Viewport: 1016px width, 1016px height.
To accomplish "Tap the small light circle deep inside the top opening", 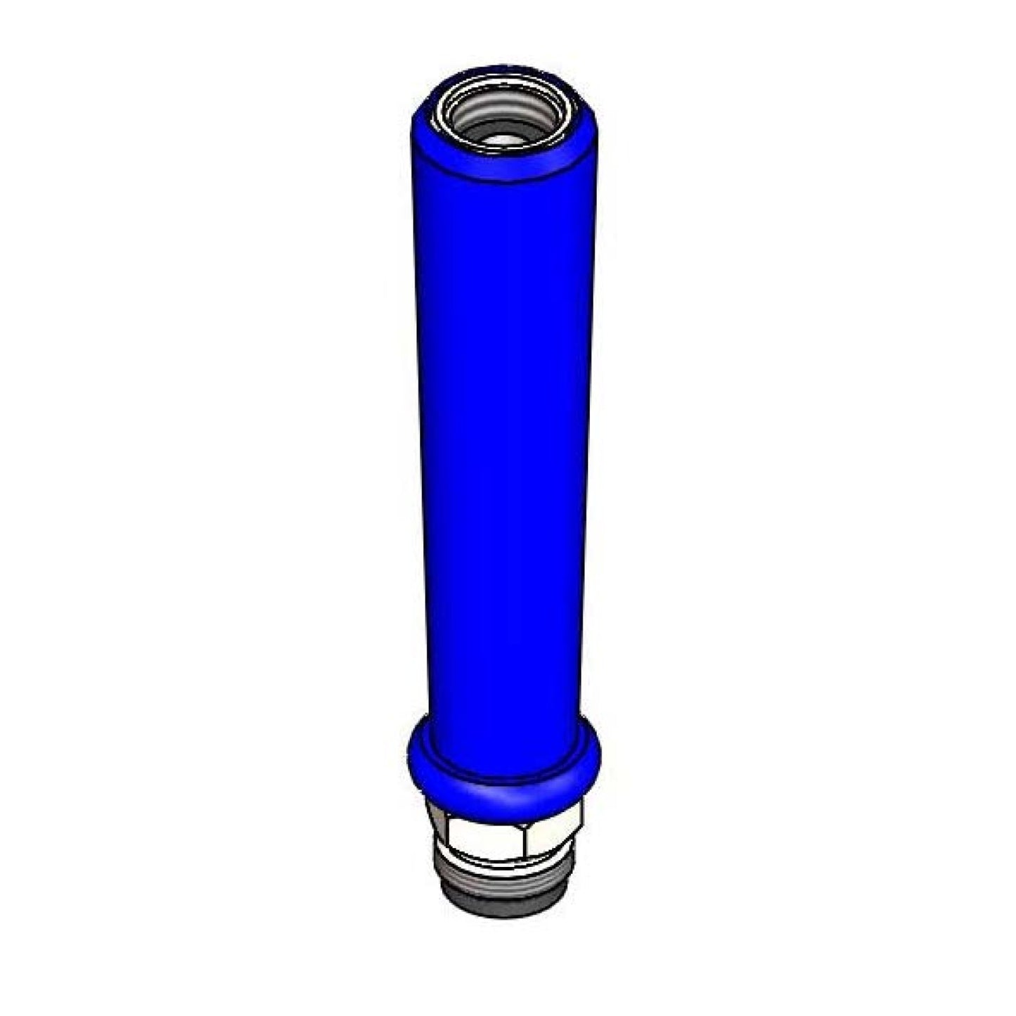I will (503, 140).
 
